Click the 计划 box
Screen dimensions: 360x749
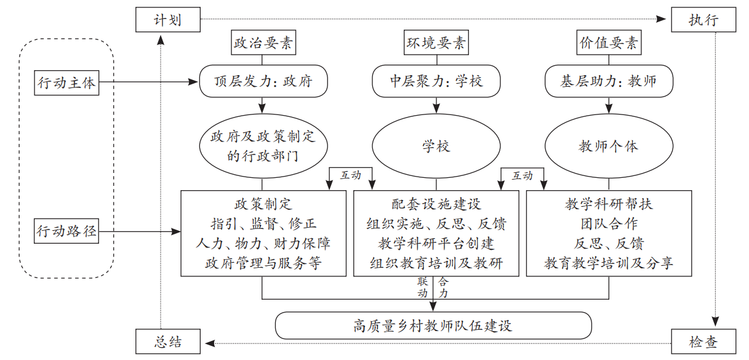[x=167, y=20]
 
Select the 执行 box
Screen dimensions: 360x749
[x=703, y=20]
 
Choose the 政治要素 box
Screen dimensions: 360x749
[x=263, y=44]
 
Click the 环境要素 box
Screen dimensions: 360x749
[x=436, y=44]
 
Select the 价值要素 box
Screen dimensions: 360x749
[x=608, y=44]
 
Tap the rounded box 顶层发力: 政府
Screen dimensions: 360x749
[x=263, y=81]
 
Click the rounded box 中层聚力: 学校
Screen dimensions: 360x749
[x=436, y=81]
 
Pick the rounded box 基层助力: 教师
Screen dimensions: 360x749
[x=608, y=81]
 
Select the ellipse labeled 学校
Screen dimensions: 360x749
[x=436, y=146]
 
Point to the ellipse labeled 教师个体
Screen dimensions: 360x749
[x=608, y=146]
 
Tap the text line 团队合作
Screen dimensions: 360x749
[x=608, y=223]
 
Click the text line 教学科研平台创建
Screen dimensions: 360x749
[x=436, y=243]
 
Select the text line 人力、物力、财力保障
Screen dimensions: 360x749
[x=263, y=243]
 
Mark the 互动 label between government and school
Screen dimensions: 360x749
[x=351, y=175]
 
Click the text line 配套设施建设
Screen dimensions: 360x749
[x=436, y=204]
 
